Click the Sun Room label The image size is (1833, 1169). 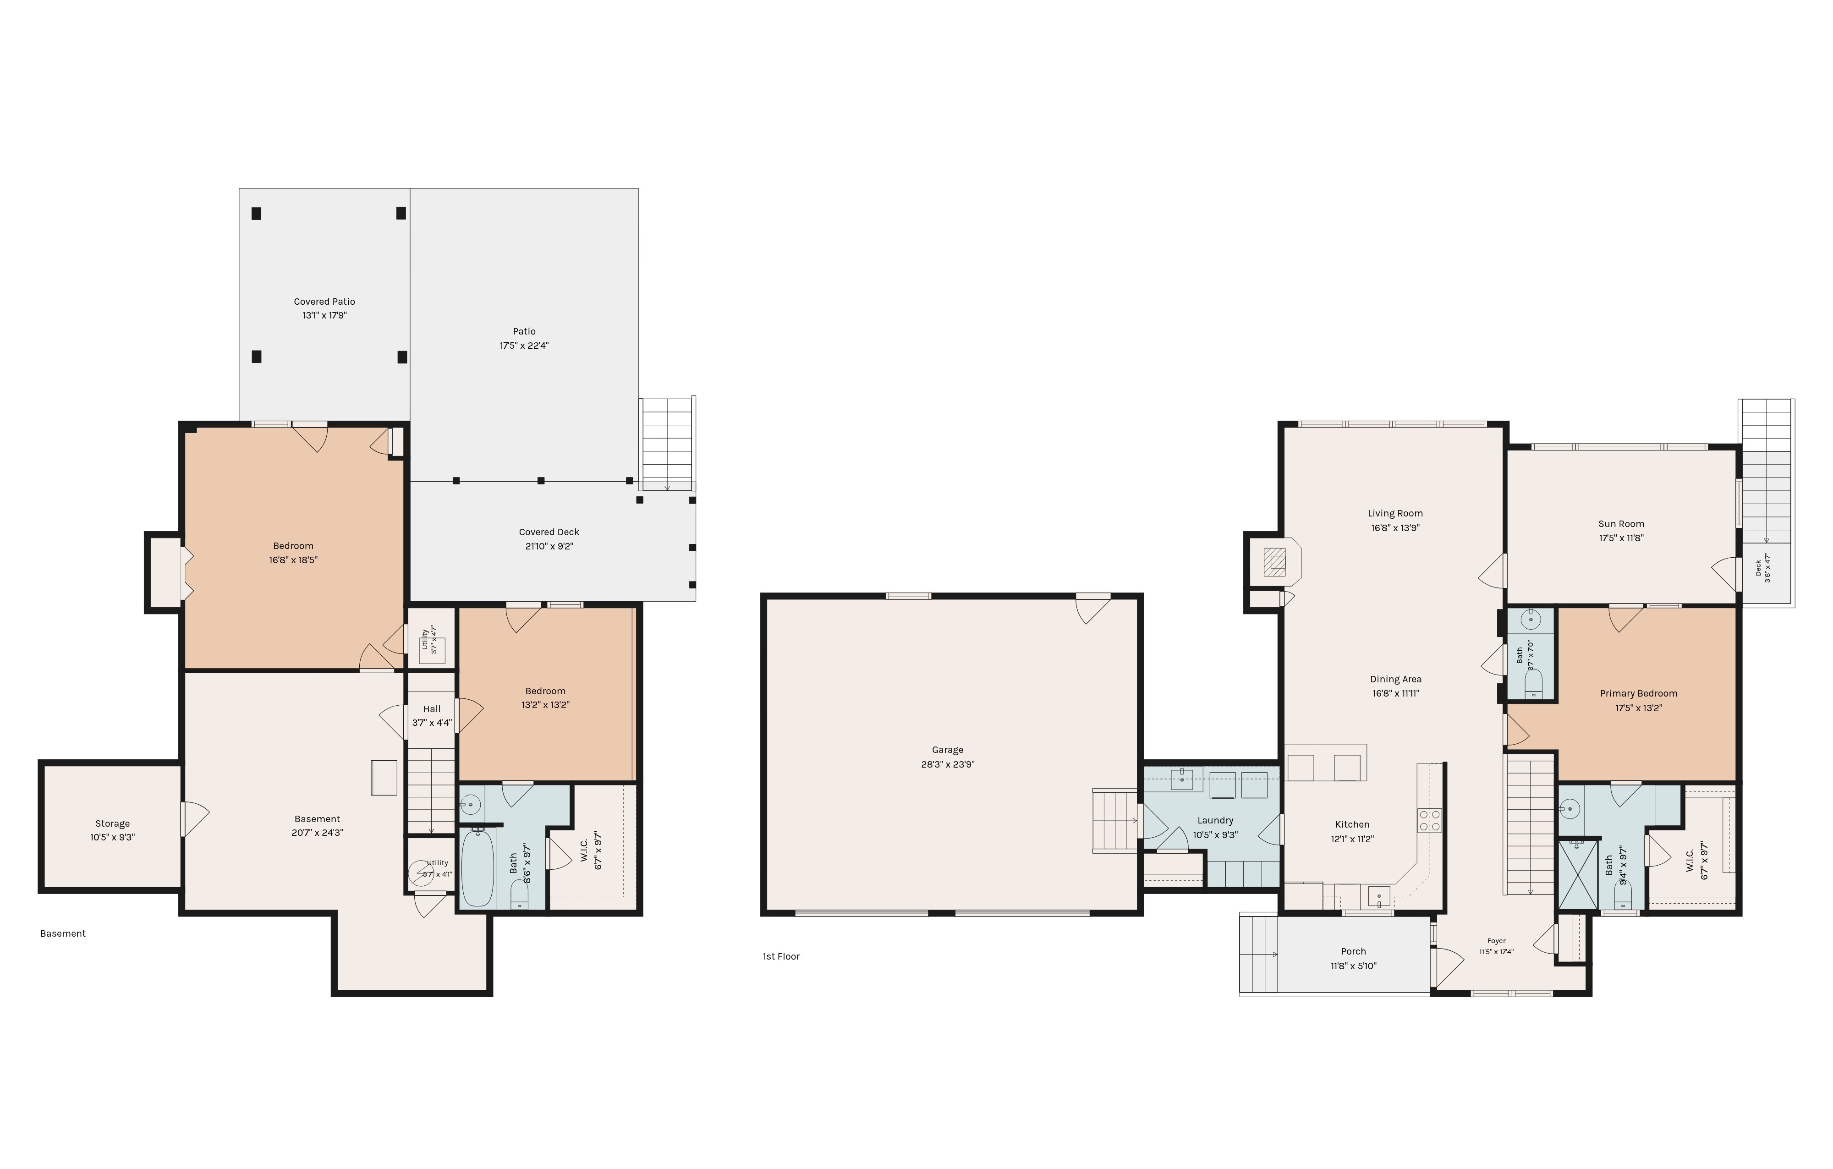1621,524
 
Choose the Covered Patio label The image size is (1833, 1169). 324,302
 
